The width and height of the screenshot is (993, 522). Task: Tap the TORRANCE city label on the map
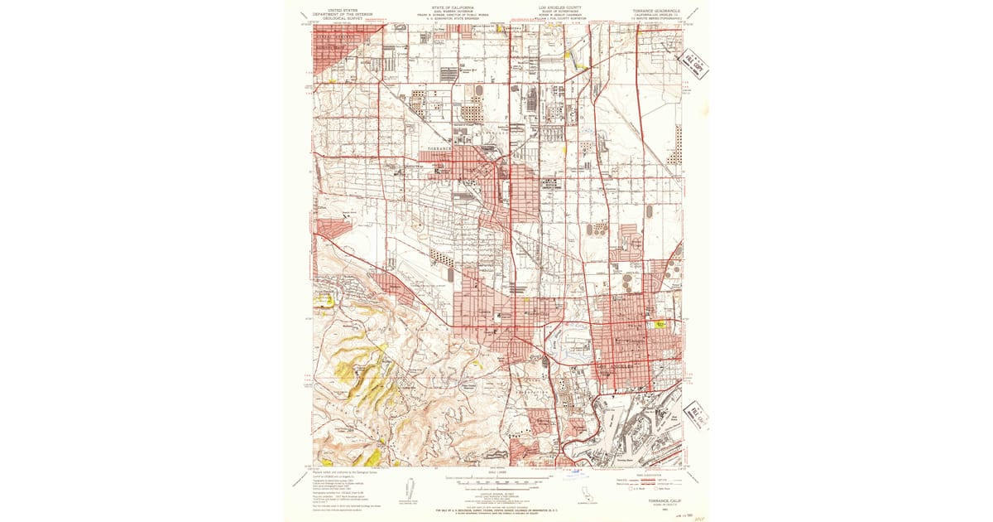pyautogui.click(x=439, y=149)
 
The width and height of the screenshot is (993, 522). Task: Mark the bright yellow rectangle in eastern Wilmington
pyautogui.click(x=660, y=325)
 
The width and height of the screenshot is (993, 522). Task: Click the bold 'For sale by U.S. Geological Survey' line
pyautogui.click(x=496, y=511)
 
